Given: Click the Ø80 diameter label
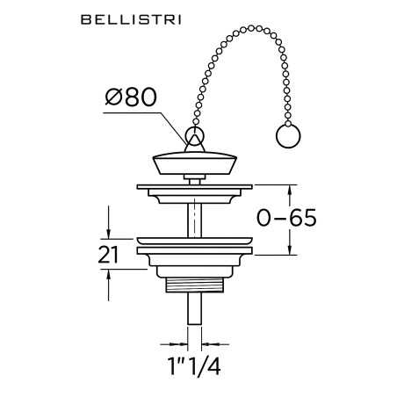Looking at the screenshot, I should (x=131, y=97).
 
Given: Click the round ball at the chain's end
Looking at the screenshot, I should (x=287, y=138).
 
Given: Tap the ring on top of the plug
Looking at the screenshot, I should (x=195, y=137).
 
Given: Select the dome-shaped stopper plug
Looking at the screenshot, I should (x=195, y=163).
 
